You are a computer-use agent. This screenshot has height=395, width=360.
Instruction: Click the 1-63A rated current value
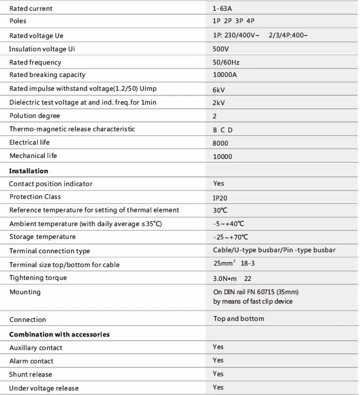pos(222,8)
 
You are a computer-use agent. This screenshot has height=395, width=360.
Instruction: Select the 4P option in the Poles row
pos(250,21)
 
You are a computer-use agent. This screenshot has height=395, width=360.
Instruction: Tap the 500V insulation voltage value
pos(221,49)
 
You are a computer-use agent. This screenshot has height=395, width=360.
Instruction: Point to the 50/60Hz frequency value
pos(226,63)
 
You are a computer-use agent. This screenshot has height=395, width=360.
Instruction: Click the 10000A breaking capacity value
pos(225,75)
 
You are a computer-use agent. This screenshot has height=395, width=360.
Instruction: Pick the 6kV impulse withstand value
pos(219,89)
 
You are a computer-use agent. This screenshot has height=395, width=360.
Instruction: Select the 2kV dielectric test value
pos(219,103)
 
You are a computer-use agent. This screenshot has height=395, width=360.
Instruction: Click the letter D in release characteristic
pos(230,130)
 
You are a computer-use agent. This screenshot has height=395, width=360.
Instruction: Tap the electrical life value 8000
pos(220,143)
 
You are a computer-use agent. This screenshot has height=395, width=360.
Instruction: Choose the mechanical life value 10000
pos(222,157)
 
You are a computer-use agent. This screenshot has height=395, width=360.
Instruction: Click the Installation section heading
pos(29,171)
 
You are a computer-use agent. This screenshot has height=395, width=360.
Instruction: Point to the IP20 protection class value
pos(220,197)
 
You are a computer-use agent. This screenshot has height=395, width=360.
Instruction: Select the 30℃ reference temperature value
pos(220,210)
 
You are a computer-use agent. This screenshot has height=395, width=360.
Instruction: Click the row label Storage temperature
pos(42,237)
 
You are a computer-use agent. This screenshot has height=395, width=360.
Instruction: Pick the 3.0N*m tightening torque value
pos(225,278)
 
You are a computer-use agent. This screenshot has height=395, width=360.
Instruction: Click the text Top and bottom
pos(239,318)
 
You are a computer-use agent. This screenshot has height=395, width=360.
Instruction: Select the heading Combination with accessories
pos(59,334)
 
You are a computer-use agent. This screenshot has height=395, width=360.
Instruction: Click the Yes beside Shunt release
pos(218,374)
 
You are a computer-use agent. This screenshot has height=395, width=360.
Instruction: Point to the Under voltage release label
pos(44,388)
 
